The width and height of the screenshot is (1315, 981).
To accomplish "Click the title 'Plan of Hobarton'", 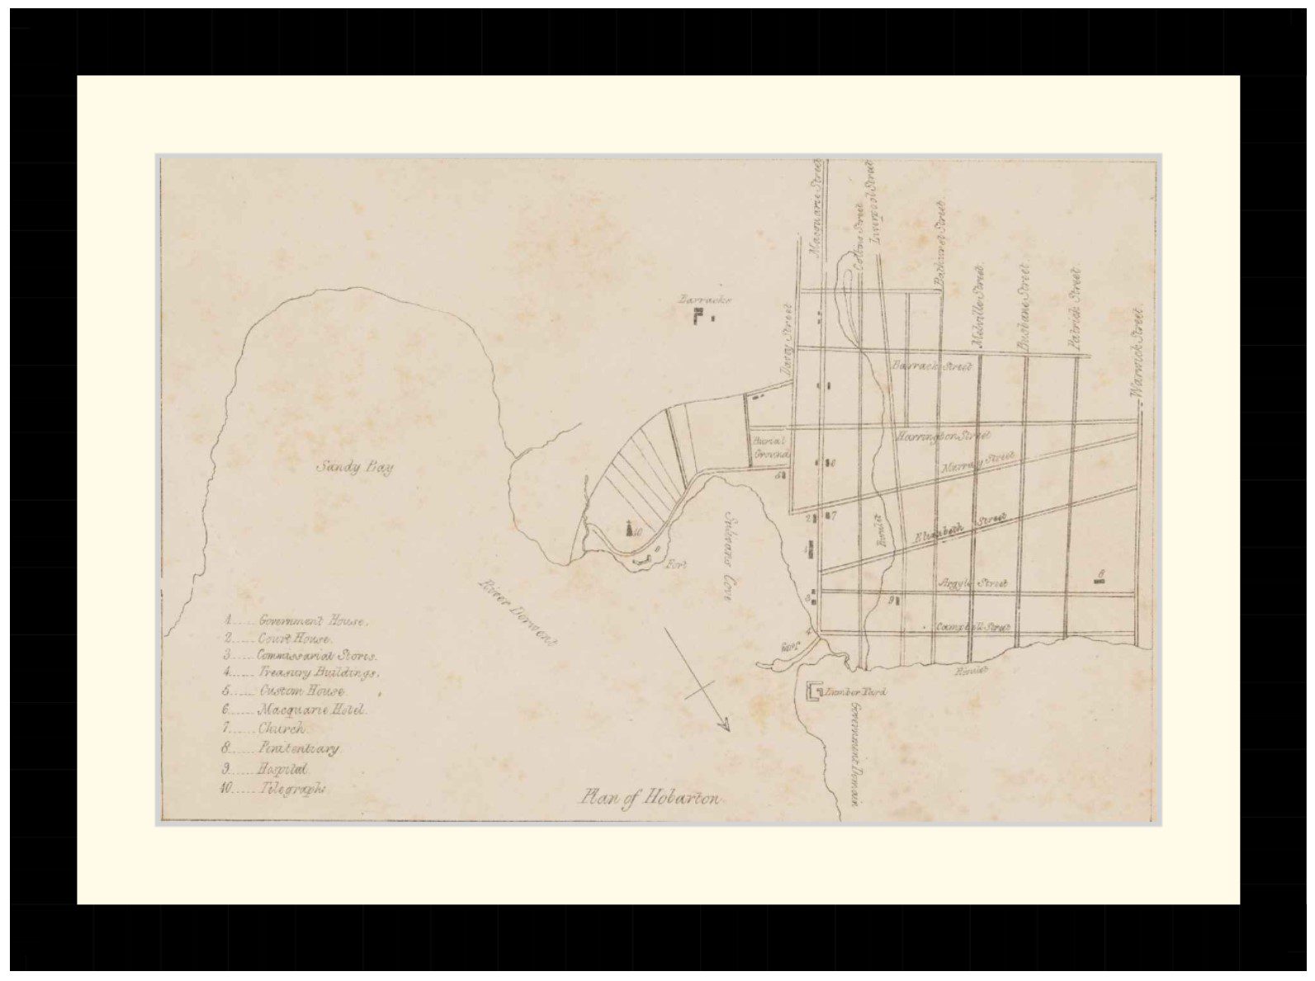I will (x=651, y=798).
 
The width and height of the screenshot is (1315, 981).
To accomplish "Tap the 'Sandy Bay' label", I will (x=355, y=467).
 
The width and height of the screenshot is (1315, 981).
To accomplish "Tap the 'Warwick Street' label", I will (x=1137, y=354).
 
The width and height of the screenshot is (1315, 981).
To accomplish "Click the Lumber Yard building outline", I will (x=815, y=691).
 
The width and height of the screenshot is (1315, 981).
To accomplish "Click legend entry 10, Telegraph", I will (x=274, y=788).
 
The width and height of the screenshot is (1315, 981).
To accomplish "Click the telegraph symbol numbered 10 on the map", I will (x=631, y=528).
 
